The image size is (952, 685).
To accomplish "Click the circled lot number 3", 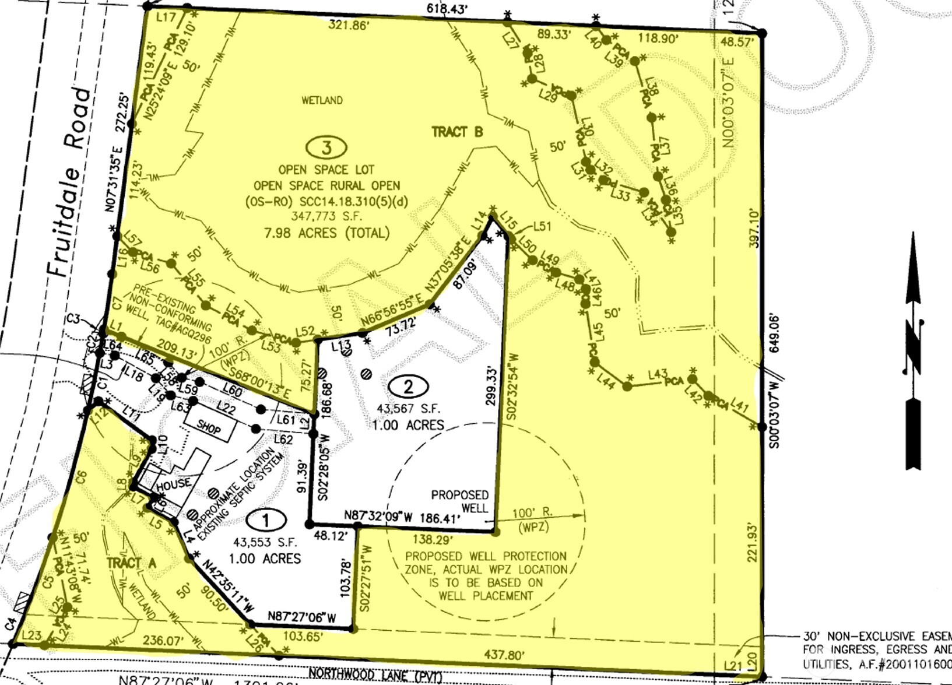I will (326, 147).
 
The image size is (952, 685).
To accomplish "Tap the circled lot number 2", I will (408, 386).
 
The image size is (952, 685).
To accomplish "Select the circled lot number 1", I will (266, 519).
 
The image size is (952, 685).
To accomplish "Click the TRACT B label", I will (457, 132).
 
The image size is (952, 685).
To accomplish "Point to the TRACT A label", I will (132, 563).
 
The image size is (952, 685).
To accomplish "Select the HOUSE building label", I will (173, 483).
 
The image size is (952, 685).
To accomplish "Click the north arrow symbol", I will (913, 350).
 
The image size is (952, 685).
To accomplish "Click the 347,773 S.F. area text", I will (326, 216).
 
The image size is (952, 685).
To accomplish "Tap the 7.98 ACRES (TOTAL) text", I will (326, 233).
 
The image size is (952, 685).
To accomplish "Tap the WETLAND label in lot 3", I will (322, 100).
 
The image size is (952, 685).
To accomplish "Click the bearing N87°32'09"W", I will (378, 516).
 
